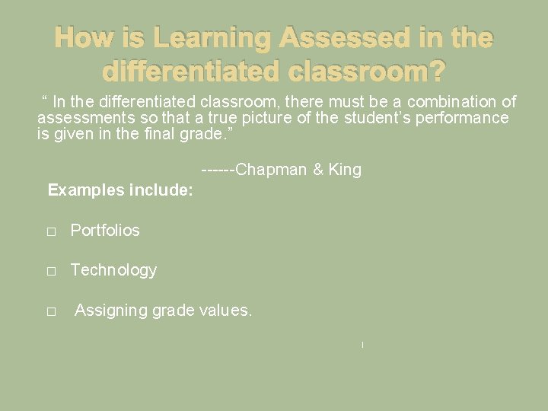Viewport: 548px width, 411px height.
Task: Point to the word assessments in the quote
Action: (81, 118)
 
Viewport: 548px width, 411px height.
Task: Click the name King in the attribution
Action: (345, 170)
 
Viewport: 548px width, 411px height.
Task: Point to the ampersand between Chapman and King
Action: (318, 170)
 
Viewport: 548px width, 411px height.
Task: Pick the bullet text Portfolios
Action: (105, 230)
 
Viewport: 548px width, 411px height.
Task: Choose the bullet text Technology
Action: (113, 269)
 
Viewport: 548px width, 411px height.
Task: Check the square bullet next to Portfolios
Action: (51, 231)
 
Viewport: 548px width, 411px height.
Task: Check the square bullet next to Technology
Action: (51, 271)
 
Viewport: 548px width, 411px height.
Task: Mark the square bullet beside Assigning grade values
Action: (51, 312)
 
